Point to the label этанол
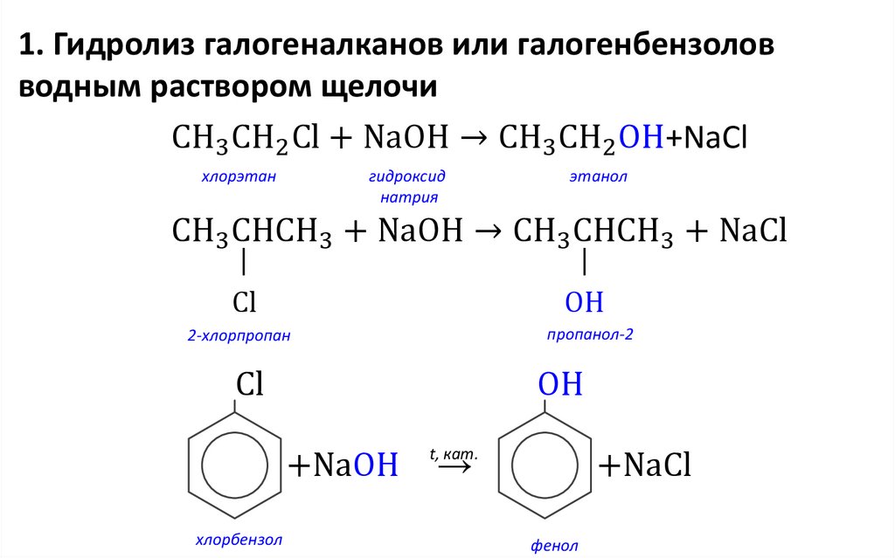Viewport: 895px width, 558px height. [599, 177]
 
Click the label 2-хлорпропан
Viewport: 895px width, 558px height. [239, 334]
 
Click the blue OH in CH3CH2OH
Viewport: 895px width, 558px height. [642, 137]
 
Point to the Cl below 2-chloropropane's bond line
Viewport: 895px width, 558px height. [244, 303]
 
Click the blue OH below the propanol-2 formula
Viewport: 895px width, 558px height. [584, 303]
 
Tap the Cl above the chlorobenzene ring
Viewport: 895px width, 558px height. [250, 385]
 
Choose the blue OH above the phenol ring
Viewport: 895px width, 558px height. [559, 385]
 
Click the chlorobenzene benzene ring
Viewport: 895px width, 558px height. [235, 465]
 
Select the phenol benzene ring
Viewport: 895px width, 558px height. [545, 465]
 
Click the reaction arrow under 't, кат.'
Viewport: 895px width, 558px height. [454, 468]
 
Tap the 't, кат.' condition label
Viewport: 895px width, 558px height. [454, 453]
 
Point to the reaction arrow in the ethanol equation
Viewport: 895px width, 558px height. [473, 137]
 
